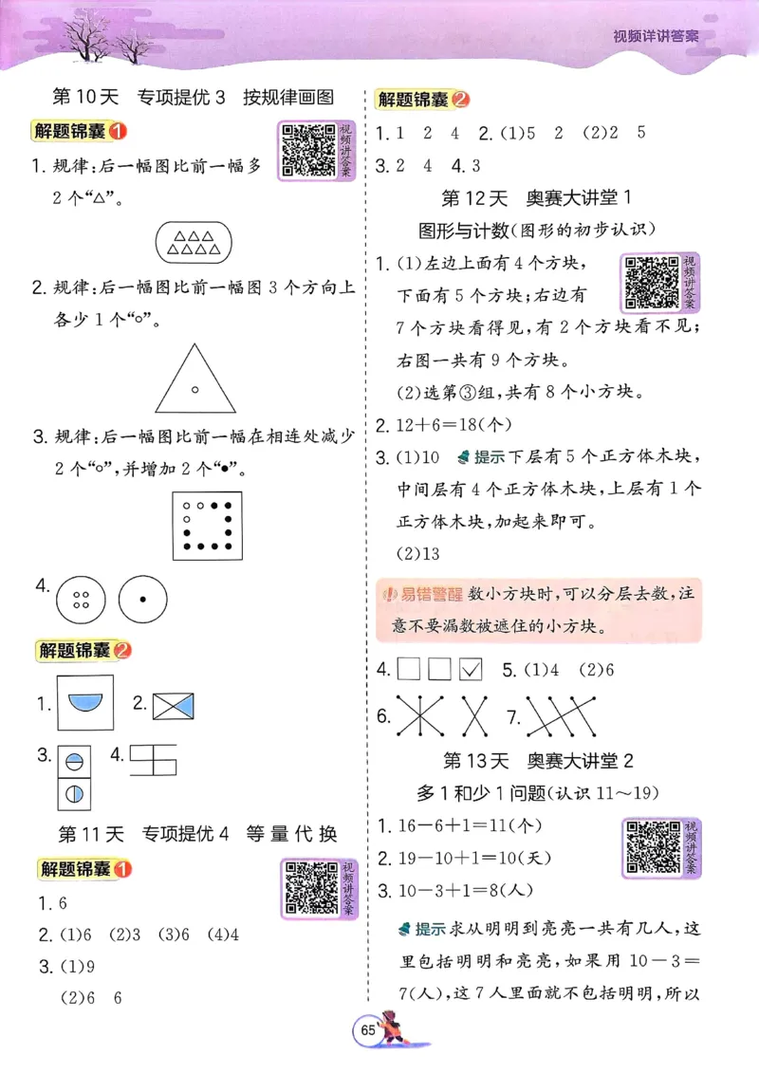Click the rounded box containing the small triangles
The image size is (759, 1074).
(193, 243)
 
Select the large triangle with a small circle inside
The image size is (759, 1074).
(194, 378)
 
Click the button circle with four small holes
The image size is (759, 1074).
(81, 600)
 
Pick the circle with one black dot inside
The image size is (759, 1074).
(142, 600)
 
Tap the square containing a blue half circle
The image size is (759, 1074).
(84, 703)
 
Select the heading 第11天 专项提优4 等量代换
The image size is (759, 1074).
(197, 835)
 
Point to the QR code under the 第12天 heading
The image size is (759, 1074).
(647, 283)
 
